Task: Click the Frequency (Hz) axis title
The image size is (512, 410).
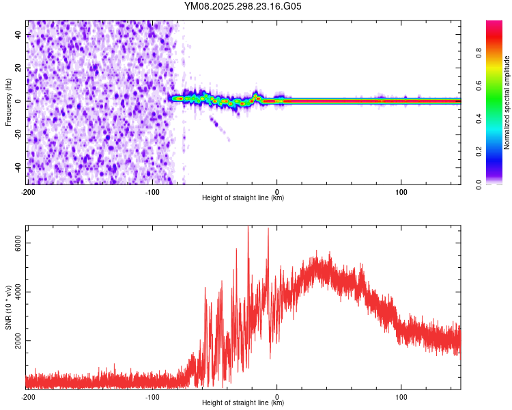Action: click(x=8, y=101)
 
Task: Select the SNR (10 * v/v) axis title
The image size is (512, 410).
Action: click(x=8, y=307)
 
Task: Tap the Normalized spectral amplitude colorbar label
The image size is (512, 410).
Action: click(x=507, y=102)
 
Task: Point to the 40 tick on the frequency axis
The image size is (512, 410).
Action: click(x=18, y=33)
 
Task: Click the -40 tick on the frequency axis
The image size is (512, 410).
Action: click(x=17, y=167)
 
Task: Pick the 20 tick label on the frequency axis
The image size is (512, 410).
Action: click(x=18, y=67)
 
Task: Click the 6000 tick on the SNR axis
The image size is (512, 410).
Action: click(x=18, y=244)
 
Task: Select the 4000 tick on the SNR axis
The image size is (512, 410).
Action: click(x=18, y=292)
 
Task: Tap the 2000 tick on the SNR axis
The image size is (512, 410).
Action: click(x=18, y=341)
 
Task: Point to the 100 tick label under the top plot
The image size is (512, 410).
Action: click(x=401, y=191)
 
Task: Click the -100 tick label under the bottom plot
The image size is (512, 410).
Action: click(x=152, y=396)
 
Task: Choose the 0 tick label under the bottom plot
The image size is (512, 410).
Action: click(x=277, y=396)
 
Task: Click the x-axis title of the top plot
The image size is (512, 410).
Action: click(x=243, y=198)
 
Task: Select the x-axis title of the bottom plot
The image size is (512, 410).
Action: click(x=243, y=403)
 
